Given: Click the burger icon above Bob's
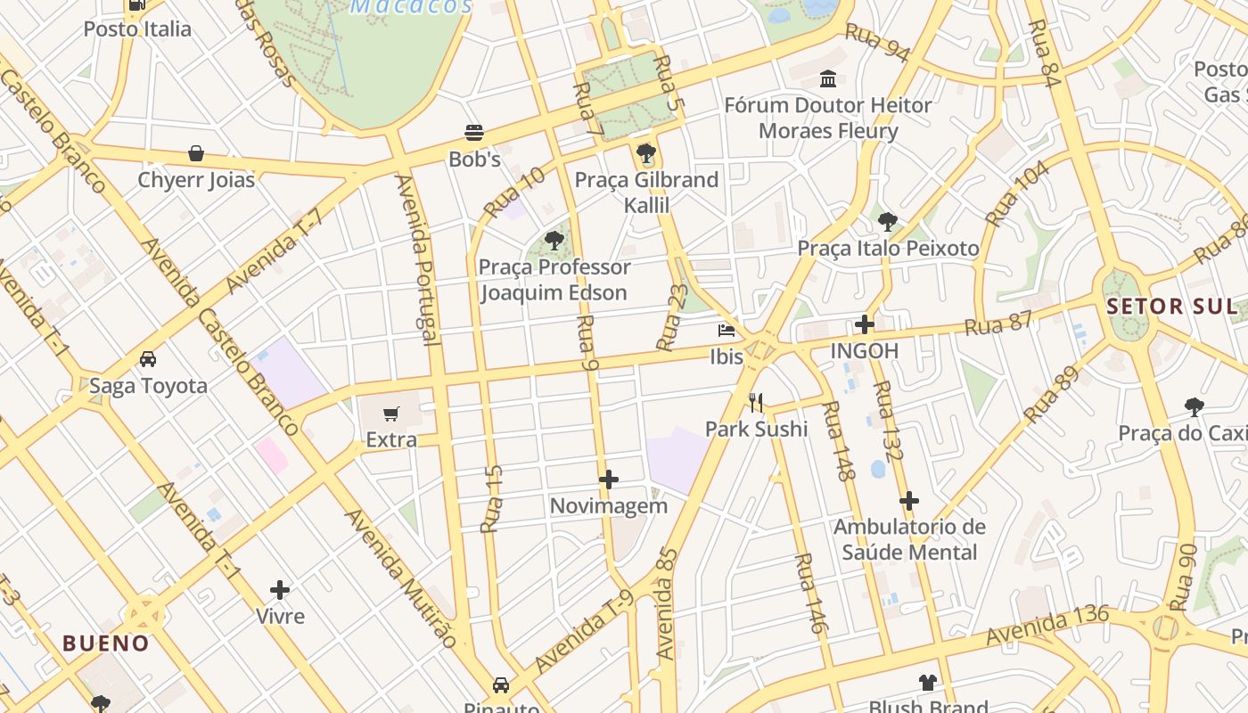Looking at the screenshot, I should [474, 134].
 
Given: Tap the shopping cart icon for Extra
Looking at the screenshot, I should [390, 414].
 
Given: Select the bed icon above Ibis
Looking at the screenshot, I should [727, 331].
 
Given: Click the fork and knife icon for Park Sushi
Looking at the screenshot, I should [756, 403].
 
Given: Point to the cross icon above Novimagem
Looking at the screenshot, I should [609, 480].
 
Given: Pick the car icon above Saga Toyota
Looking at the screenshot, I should [148, 359].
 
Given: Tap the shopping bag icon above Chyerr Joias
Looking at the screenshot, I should [196, 153].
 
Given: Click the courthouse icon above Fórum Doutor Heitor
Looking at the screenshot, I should [828, 78].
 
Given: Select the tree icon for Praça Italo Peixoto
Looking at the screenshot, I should [887, 222].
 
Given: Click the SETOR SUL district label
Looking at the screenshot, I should [1171, 307].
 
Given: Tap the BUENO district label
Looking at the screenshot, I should [105, 643].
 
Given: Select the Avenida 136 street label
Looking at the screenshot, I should [1047, 626].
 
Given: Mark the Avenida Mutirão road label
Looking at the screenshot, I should [401, 578].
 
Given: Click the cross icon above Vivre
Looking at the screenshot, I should [280, 590].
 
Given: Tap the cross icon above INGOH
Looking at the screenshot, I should [864, 324].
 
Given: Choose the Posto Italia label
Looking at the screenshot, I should [137, 29].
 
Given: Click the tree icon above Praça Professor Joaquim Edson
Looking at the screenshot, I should [554, 240].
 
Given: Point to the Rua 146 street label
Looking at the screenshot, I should [810, 594].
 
